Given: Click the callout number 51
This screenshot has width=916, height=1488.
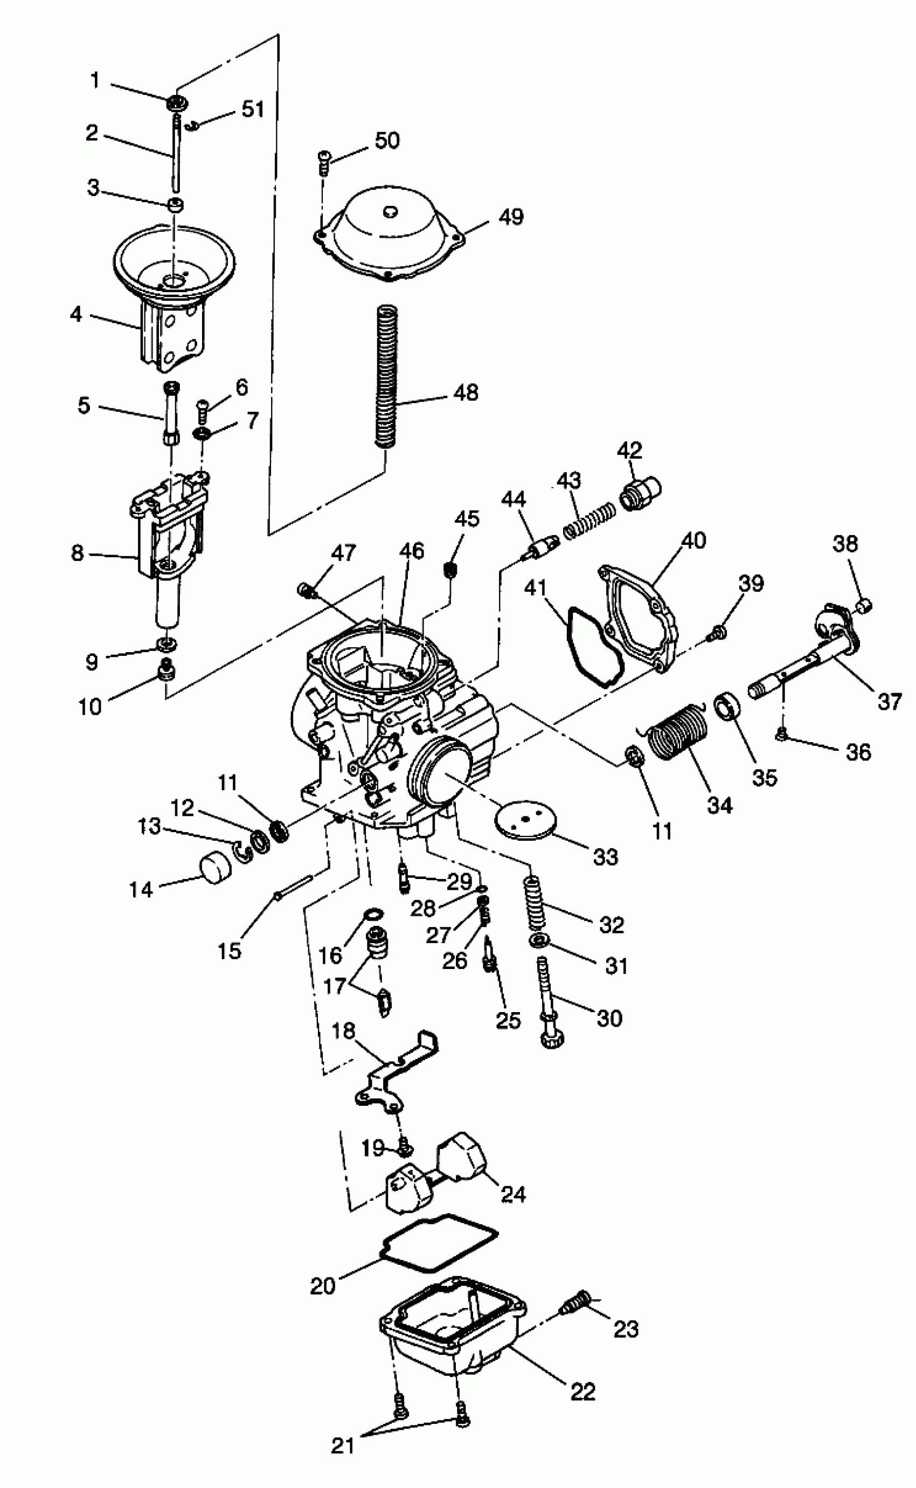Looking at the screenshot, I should pyautogui.click(x=253, y=109).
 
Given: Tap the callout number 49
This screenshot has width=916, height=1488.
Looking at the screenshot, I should pyautogui.click(x=511, y=216).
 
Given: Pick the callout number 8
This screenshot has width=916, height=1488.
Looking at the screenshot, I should pyautogui.click(x=78, y=552).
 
